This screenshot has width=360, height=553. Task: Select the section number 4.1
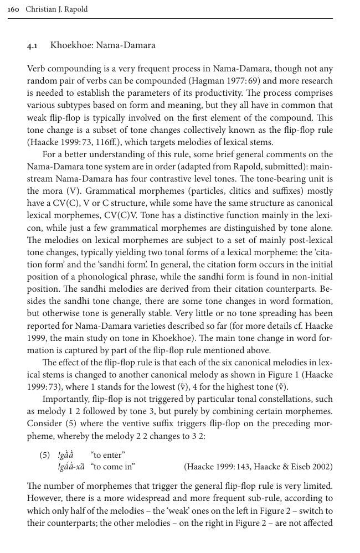[x=33, y=45]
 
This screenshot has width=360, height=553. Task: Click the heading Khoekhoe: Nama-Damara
[x=102, y=45]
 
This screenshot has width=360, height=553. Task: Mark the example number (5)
[x=45, y=455]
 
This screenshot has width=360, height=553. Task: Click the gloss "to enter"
[x=107, y=455]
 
